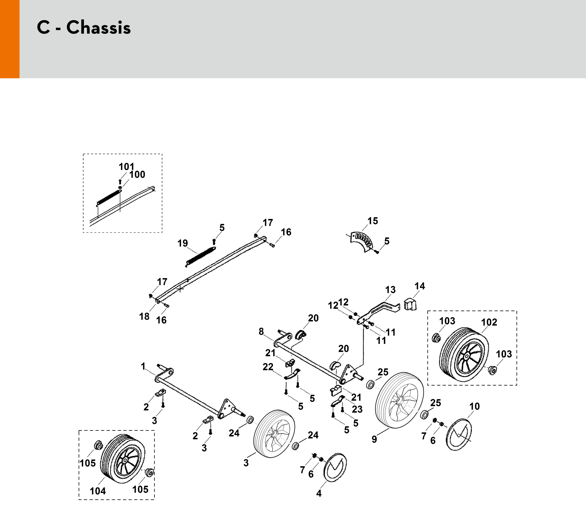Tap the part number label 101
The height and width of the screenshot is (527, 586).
[127, 167]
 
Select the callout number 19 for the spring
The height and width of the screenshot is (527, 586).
[182, 243]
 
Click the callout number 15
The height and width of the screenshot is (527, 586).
[372, 221]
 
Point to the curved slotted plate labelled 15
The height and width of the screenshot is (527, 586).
[362, 240]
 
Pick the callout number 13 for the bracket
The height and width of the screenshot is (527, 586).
[390, 290]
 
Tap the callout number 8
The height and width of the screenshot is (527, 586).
[261, 332]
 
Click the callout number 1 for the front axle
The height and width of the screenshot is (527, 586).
[143, 367]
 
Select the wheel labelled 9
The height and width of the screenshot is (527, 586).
[399, 400]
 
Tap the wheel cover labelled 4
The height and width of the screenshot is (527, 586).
[335, 467]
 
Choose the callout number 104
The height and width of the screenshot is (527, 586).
[98, 491]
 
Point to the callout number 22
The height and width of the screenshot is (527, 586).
[268, 367]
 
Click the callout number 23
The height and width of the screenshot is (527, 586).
[357, 409]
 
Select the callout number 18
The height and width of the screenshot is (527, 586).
[144, 317]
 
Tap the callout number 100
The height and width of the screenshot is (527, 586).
[137, 175]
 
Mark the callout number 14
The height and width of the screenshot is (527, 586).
[420, 286]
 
